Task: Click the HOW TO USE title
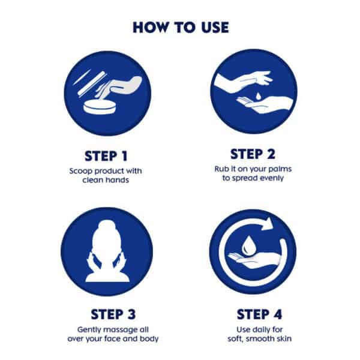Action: [x=181, y=28]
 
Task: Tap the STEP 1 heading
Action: [x=106, y=156]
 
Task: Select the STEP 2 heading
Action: [x=253, y=154]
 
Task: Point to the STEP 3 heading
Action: [x=113, y=314]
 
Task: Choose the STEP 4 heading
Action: [x=259, y=314]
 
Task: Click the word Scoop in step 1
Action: [x=81, y=171]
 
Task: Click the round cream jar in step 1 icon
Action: [x=100, y=106]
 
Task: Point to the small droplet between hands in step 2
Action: [x=258, y=96]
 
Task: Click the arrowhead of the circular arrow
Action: [x=268, y=223]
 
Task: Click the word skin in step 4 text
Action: [x=284, y=338]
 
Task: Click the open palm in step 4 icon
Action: [x=254, y=260]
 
